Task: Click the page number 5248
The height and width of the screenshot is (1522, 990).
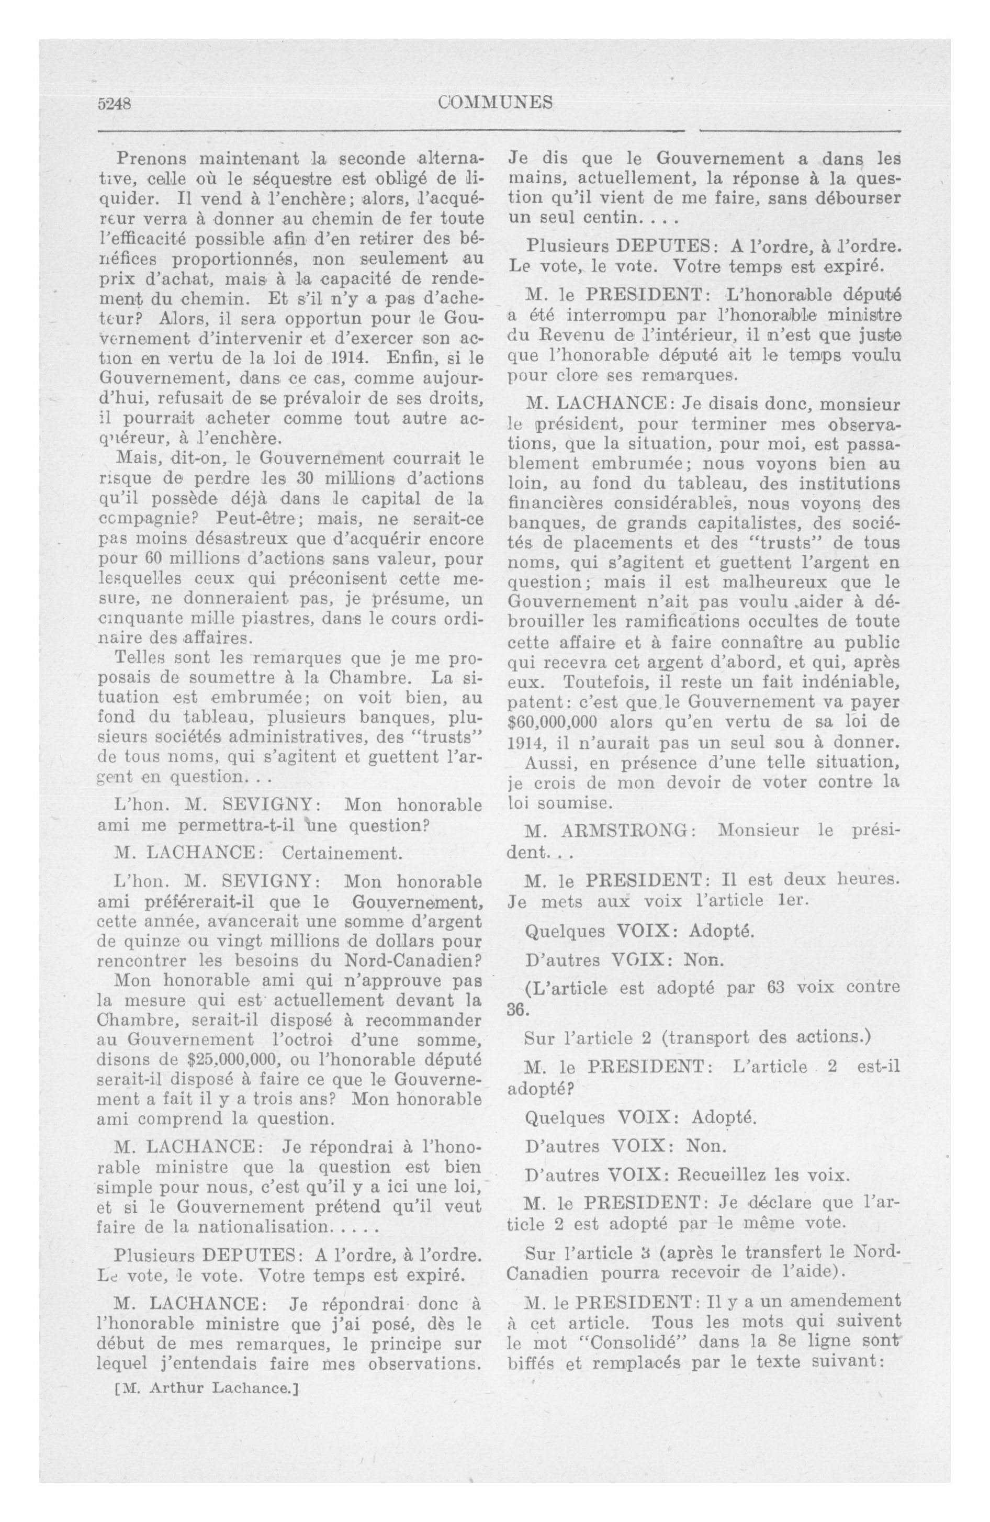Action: coord(115,104)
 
